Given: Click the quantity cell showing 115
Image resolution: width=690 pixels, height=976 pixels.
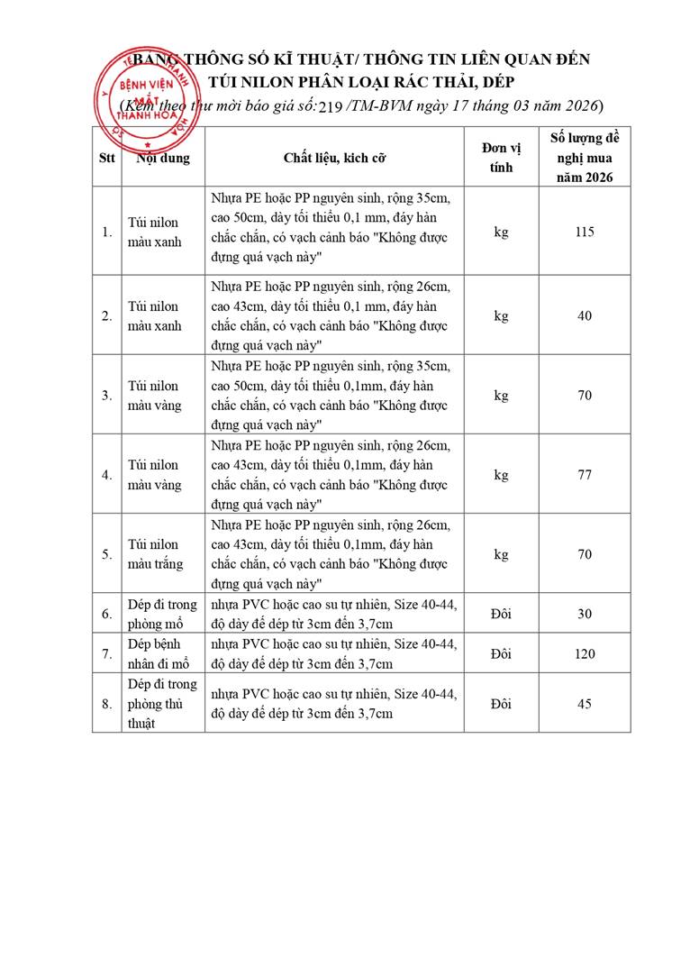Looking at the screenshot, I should pyautogui.click(x=584, y=232).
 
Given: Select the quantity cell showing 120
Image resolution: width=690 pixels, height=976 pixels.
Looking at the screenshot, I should pyautogui.click(x=584, y=653).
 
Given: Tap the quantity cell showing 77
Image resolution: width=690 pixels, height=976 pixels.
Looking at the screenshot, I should pyautogui.click(x=584, y=475).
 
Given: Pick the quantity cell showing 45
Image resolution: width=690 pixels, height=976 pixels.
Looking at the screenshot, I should pyautogui.click(x=584, y=703).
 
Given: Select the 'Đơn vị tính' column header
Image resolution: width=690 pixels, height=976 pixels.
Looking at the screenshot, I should pyautogui.click(x=501, y=158).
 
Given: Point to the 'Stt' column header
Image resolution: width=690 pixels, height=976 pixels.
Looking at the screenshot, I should pyautogui.click(x=106, y=158).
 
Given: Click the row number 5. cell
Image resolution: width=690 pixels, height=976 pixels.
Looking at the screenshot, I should pyautogui.click(x=106, y=554).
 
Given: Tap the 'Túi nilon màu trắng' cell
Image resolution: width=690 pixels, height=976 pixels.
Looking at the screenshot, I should pyautogui.click(x=154, y=554).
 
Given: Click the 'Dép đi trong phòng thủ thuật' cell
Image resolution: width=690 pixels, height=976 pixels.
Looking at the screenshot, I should pyautogui.click(x=156, y=703).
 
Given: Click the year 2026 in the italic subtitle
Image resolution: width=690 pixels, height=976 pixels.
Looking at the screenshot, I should pyautogui.click(x=577, y=105).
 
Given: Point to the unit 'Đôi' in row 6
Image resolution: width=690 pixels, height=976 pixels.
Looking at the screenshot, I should pyautogui.click(x=501, y=614).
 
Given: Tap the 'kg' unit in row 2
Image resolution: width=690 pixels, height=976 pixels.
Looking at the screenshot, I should pyautogui.click(x=501, y=316).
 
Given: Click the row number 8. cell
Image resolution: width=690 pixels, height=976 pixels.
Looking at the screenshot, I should pyautogui.click(x=106, y=703).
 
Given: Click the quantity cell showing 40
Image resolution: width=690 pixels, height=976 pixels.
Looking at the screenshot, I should pyautogui.click(x=584, y=316).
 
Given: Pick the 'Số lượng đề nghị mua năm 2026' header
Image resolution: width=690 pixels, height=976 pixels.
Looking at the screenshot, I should pyautogui.click(x=584, y=157).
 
